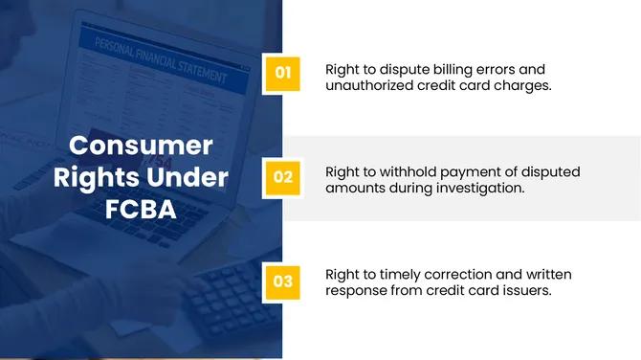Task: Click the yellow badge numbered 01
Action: (x=283, y=72)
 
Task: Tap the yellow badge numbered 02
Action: (x=283, y=177)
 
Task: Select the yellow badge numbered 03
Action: (x=283, y=281)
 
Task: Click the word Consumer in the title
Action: (x=141, y=146)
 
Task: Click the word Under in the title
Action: (x=190, y=177)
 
